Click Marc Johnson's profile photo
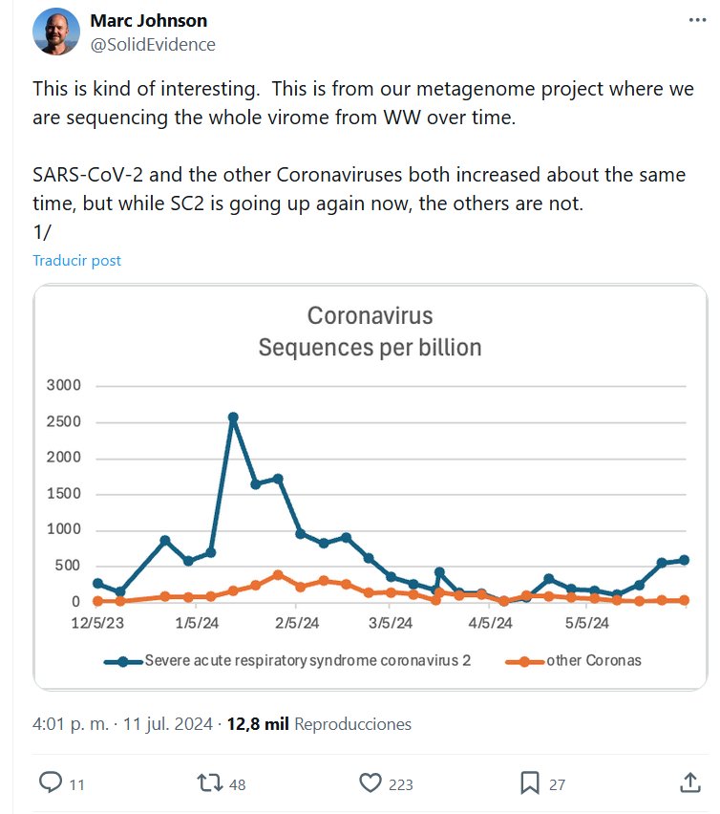(56, 32)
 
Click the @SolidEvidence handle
(153, 45)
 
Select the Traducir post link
(76, 260)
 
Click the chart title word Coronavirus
(370, 316)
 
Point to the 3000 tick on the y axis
(64, 386)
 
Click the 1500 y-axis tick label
(64, 494)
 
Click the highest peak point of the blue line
(233, 418)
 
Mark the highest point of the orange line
(278, 574)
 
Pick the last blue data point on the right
(684, 561)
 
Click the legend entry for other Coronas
(593, 660)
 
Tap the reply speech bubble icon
(51, 783)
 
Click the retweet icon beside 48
(208, 783)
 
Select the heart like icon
(371, 783)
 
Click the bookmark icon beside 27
(530, 783)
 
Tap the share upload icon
(689, 782)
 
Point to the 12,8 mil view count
(258, 724)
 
